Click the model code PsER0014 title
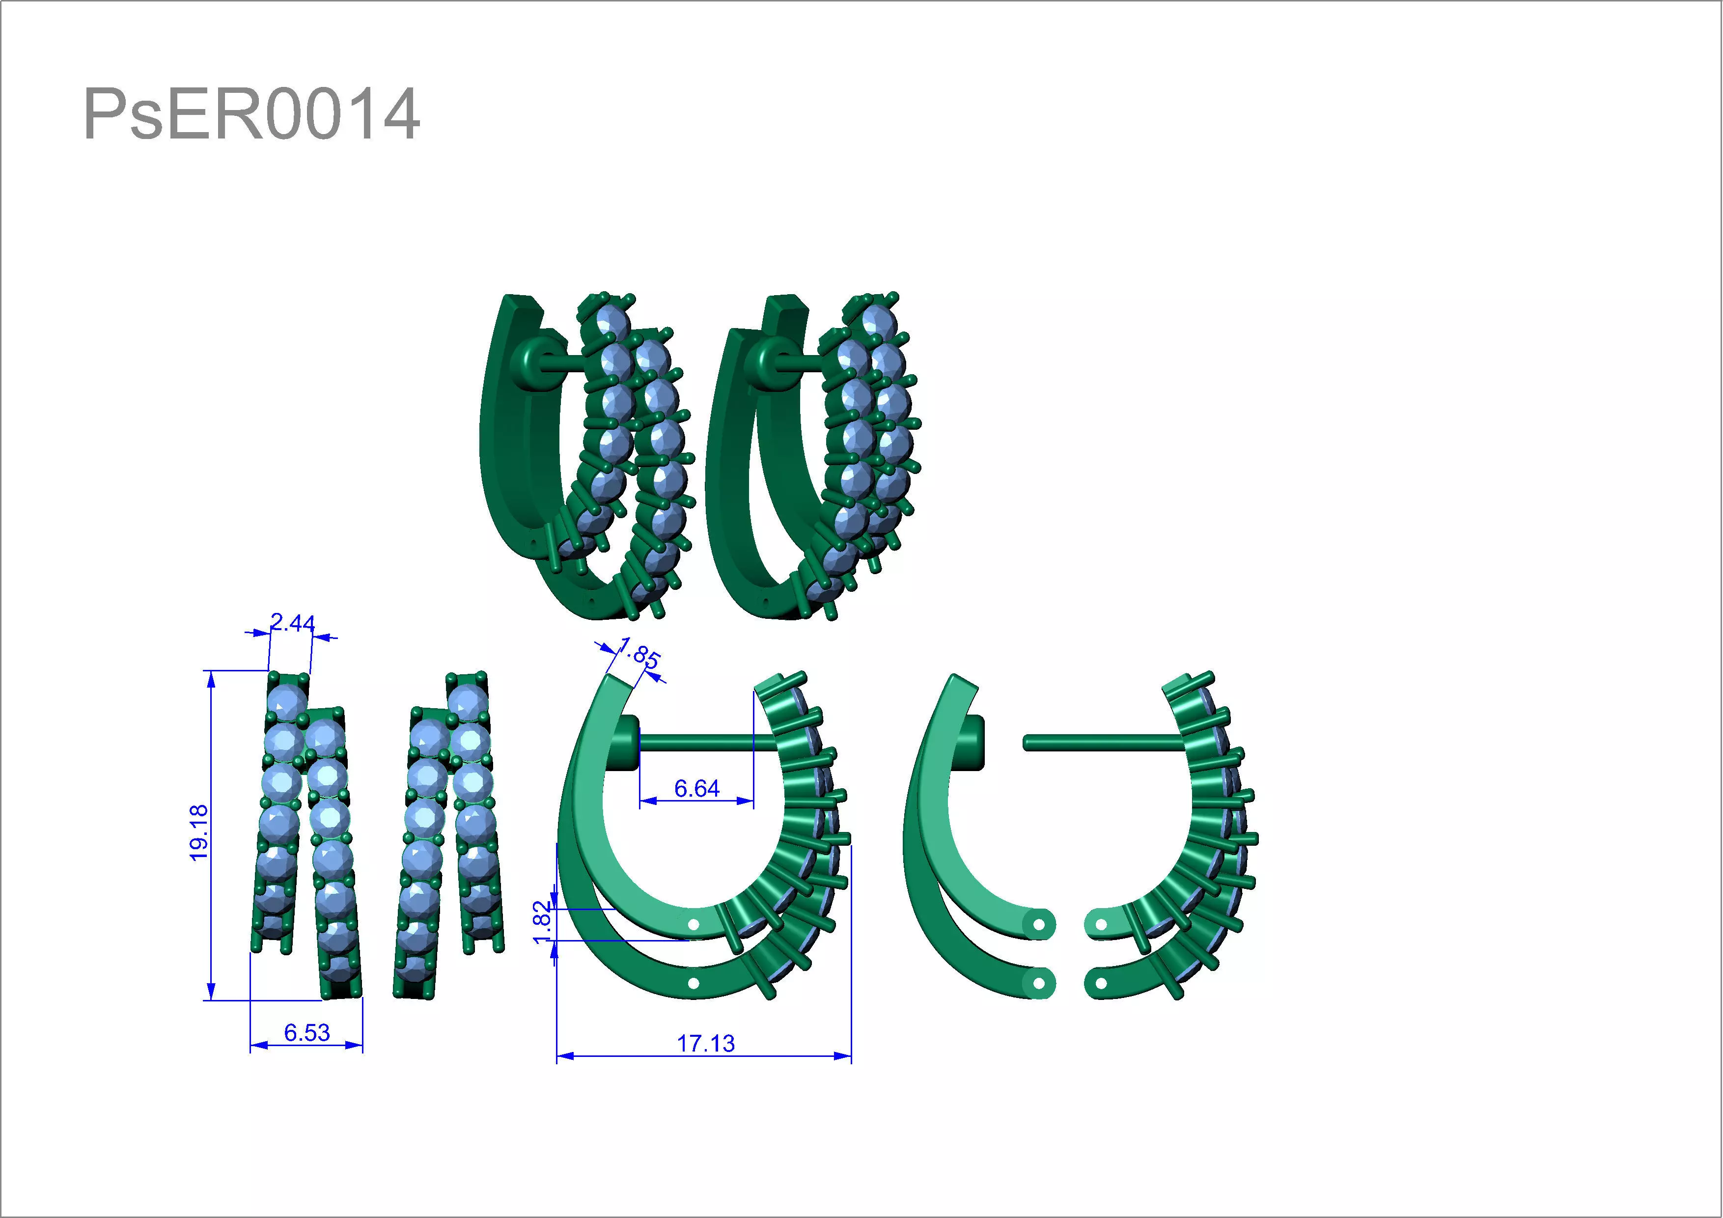[251, 114]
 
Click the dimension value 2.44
[292, 622]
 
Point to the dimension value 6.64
[696, 788]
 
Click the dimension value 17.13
[705, 1043]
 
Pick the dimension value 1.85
[639, 654]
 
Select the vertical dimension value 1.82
[542, 921]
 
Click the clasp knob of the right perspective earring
[773, 362]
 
